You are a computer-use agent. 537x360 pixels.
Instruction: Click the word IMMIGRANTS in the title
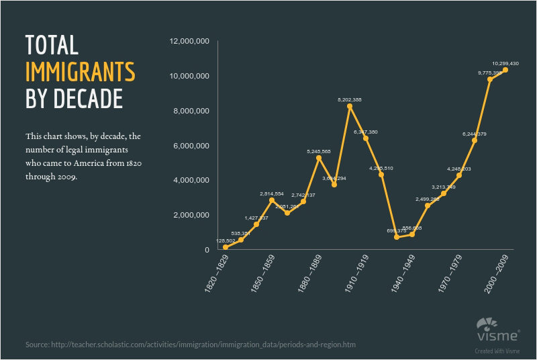pos(80,71)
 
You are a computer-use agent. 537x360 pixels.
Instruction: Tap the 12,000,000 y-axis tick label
pos(190,42)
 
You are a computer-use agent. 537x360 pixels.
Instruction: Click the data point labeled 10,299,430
pos(505,70)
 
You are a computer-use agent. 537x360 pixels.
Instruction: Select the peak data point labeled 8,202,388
pos(350,106)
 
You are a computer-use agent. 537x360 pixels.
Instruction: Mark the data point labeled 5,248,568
pos(319,158)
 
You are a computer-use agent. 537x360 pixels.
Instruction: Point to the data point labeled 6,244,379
pos(475,140)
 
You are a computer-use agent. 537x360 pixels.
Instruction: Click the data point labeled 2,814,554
pos(272,200)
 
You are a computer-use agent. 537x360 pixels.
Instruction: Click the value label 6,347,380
pos(365,132)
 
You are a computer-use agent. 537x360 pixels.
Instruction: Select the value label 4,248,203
pos(459,169)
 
